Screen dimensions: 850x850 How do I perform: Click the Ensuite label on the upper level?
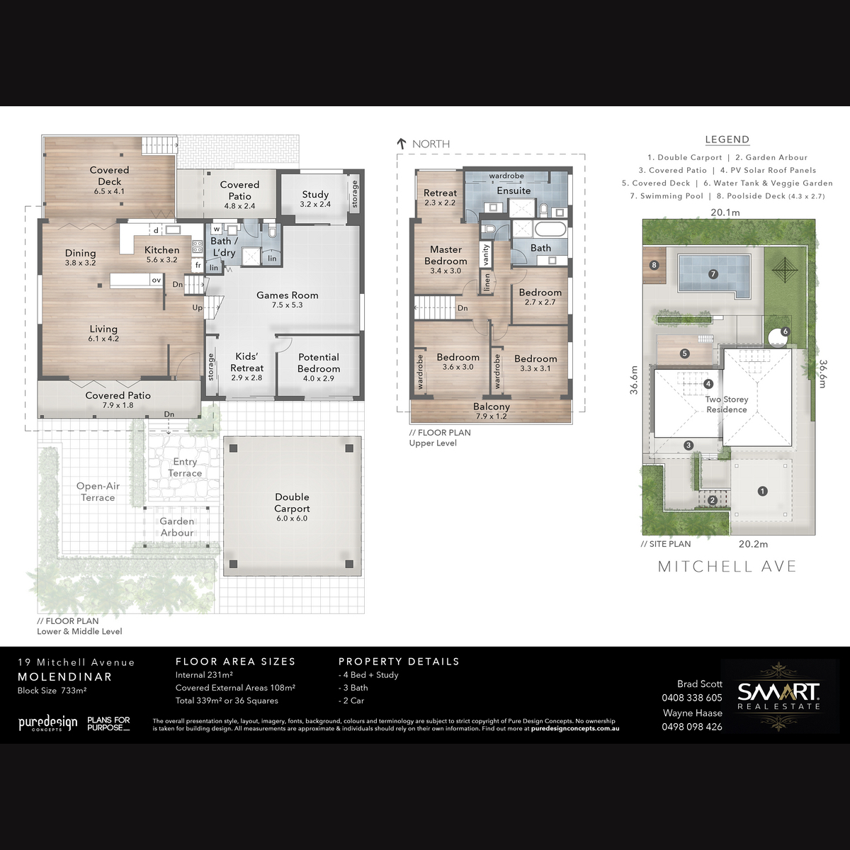[514, 191]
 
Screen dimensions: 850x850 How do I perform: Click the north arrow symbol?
[402, 143]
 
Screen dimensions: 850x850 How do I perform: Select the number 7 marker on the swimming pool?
[713, 274]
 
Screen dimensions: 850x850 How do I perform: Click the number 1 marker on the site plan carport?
[762, 491]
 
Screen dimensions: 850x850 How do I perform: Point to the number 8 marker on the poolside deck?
[654, 265]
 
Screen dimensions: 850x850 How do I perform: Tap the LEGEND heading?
[727, 140]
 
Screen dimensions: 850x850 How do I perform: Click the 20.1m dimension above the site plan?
[725, 212]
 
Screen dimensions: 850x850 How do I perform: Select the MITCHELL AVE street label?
[727, 567]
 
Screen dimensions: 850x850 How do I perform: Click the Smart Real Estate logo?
[779, 696]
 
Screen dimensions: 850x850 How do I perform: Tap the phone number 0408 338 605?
[691, 698]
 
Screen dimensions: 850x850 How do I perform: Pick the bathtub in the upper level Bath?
[550, 229]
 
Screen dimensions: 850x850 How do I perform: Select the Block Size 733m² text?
[52, 691]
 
